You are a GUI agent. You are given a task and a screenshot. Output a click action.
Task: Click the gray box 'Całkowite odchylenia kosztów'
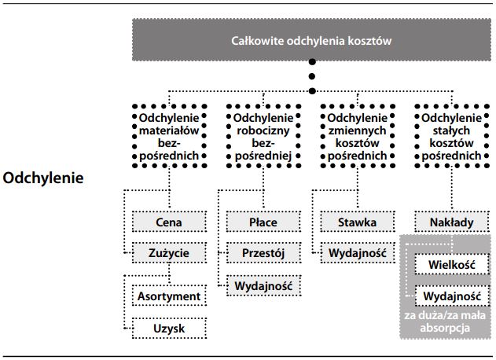(311, 40)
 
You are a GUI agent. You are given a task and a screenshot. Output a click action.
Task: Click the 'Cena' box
(168, 222)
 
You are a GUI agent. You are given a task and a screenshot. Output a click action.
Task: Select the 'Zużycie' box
(168, 253)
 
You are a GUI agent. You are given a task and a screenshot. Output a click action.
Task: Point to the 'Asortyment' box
(168, 296)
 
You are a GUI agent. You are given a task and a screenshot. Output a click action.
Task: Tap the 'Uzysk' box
(168, 327)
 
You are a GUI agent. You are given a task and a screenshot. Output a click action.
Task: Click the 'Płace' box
(263, 222)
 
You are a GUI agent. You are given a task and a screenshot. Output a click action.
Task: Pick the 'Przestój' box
(263, 253)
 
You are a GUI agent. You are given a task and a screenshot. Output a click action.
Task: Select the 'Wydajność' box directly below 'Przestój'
(263, 286)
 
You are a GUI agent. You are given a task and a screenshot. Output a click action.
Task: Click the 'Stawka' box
(358, 222)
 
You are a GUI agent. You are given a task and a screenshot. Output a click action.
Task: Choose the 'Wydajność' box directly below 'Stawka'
(358, 253)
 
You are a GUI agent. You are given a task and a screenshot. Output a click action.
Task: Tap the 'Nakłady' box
(451, 222)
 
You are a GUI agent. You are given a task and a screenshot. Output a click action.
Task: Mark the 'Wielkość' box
(451, 265)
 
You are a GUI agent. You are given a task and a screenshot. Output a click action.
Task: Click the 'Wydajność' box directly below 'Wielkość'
(451, 296)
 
